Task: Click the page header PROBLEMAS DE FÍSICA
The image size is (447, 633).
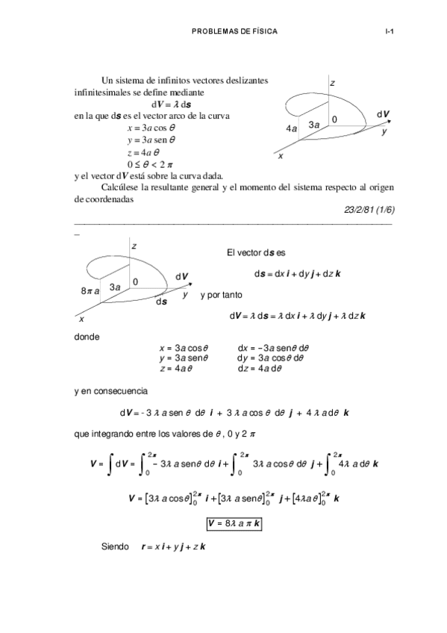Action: tap(234, 32)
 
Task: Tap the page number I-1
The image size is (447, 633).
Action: tap(389, 32)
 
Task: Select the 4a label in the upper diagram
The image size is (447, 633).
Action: tap(292, 128)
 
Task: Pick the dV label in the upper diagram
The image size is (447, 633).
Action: tap(383, 114)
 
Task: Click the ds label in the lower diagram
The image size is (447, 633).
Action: tap(161, 302)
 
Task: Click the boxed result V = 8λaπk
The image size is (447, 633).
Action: tap(234, 524)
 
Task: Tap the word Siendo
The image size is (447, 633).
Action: tap(116, 547)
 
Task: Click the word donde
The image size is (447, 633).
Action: tap(87, 337)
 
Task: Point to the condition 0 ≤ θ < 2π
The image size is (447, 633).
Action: tap(150, 163)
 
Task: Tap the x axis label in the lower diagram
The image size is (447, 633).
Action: tap(81, 319)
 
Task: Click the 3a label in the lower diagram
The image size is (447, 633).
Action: tap(116, 287)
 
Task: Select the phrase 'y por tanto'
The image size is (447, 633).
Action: tap(222, 296)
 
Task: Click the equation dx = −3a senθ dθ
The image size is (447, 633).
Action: tap(278, 347)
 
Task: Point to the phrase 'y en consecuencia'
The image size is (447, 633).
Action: tap(111, 390)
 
